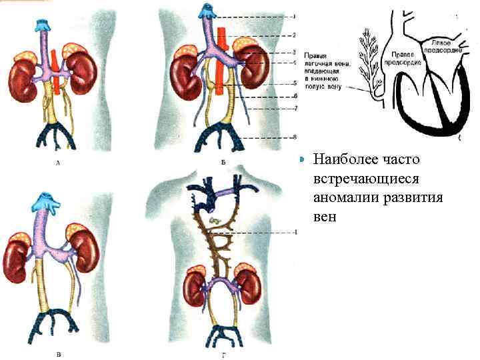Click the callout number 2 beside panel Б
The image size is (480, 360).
[x=294, y=35]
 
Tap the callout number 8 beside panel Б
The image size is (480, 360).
[x=294, y=137]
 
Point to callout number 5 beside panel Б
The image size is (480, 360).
[x=294, y=83]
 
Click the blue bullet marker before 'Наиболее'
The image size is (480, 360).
[x=302, y=160]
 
